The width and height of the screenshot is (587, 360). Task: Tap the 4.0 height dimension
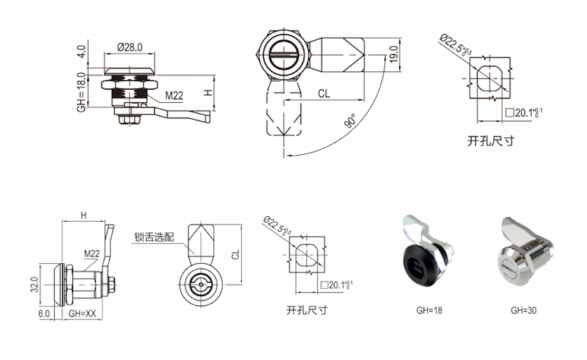click(81, 51)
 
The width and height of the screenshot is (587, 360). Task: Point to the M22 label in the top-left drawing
click(174, 95)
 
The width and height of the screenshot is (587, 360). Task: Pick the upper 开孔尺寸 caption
click(490, 141)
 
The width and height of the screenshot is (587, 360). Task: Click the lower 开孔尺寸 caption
click(307, 310)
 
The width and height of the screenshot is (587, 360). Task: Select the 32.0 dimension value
click(34, 286)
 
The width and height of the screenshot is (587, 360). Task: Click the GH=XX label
click(81, 312)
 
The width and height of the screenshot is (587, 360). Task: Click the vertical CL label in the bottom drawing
click(236, 254)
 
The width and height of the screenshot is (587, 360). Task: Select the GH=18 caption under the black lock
click(429, 310)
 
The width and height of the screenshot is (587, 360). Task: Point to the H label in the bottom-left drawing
click(83, 216)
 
